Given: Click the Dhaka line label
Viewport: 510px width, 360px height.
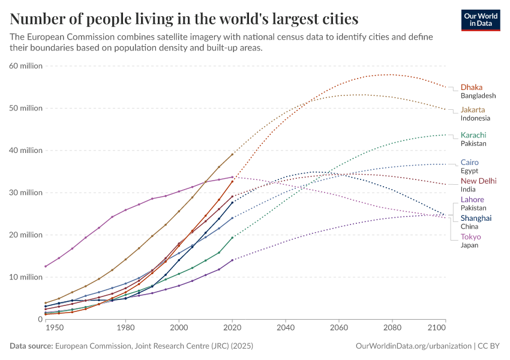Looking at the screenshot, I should click(x=472, y=87).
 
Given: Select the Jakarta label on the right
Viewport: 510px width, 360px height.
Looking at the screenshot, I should click(x=473, y=110).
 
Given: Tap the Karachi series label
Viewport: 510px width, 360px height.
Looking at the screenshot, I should click(x=473, y=135).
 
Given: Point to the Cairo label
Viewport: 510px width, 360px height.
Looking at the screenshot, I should click(x=469, y=162).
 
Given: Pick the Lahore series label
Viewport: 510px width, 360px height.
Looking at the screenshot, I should click(x=472, y=199).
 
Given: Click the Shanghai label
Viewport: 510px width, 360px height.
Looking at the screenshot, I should click(x=476, y=218).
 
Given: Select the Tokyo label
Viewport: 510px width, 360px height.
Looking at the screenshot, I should click(x=470, y=236).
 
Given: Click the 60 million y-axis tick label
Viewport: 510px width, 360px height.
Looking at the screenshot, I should click(x=26, y=66).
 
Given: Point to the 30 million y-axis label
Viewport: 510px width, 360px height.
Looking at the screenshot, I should click(x=26, y=193).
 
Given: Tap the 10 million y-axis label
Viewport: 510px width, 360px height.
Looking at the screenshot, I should click(x=26, y=277).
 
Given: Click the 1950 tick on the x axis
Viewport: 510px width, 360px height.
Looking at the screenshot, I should click(x=54, y=328).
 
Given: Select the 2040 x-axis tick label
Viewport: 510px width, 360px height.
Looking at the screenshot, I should click(x=286, y=328).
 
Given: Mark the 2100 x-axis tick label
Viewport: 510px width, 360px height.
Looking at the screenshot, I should click(x=437, y=328).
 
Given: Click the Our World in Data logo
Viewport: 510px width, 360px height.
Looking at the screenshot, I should click(x=481, y=20).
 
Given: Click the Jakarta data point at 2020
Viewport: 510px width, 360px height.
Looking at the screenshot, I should click(x=232, y=154).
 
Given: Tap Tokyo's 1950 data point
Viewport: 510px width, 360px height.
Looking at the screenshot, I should click(x=46, y=266).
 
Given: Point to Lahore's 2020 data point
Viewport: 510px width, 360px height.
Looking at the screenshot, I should click(x=232, y=260).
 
